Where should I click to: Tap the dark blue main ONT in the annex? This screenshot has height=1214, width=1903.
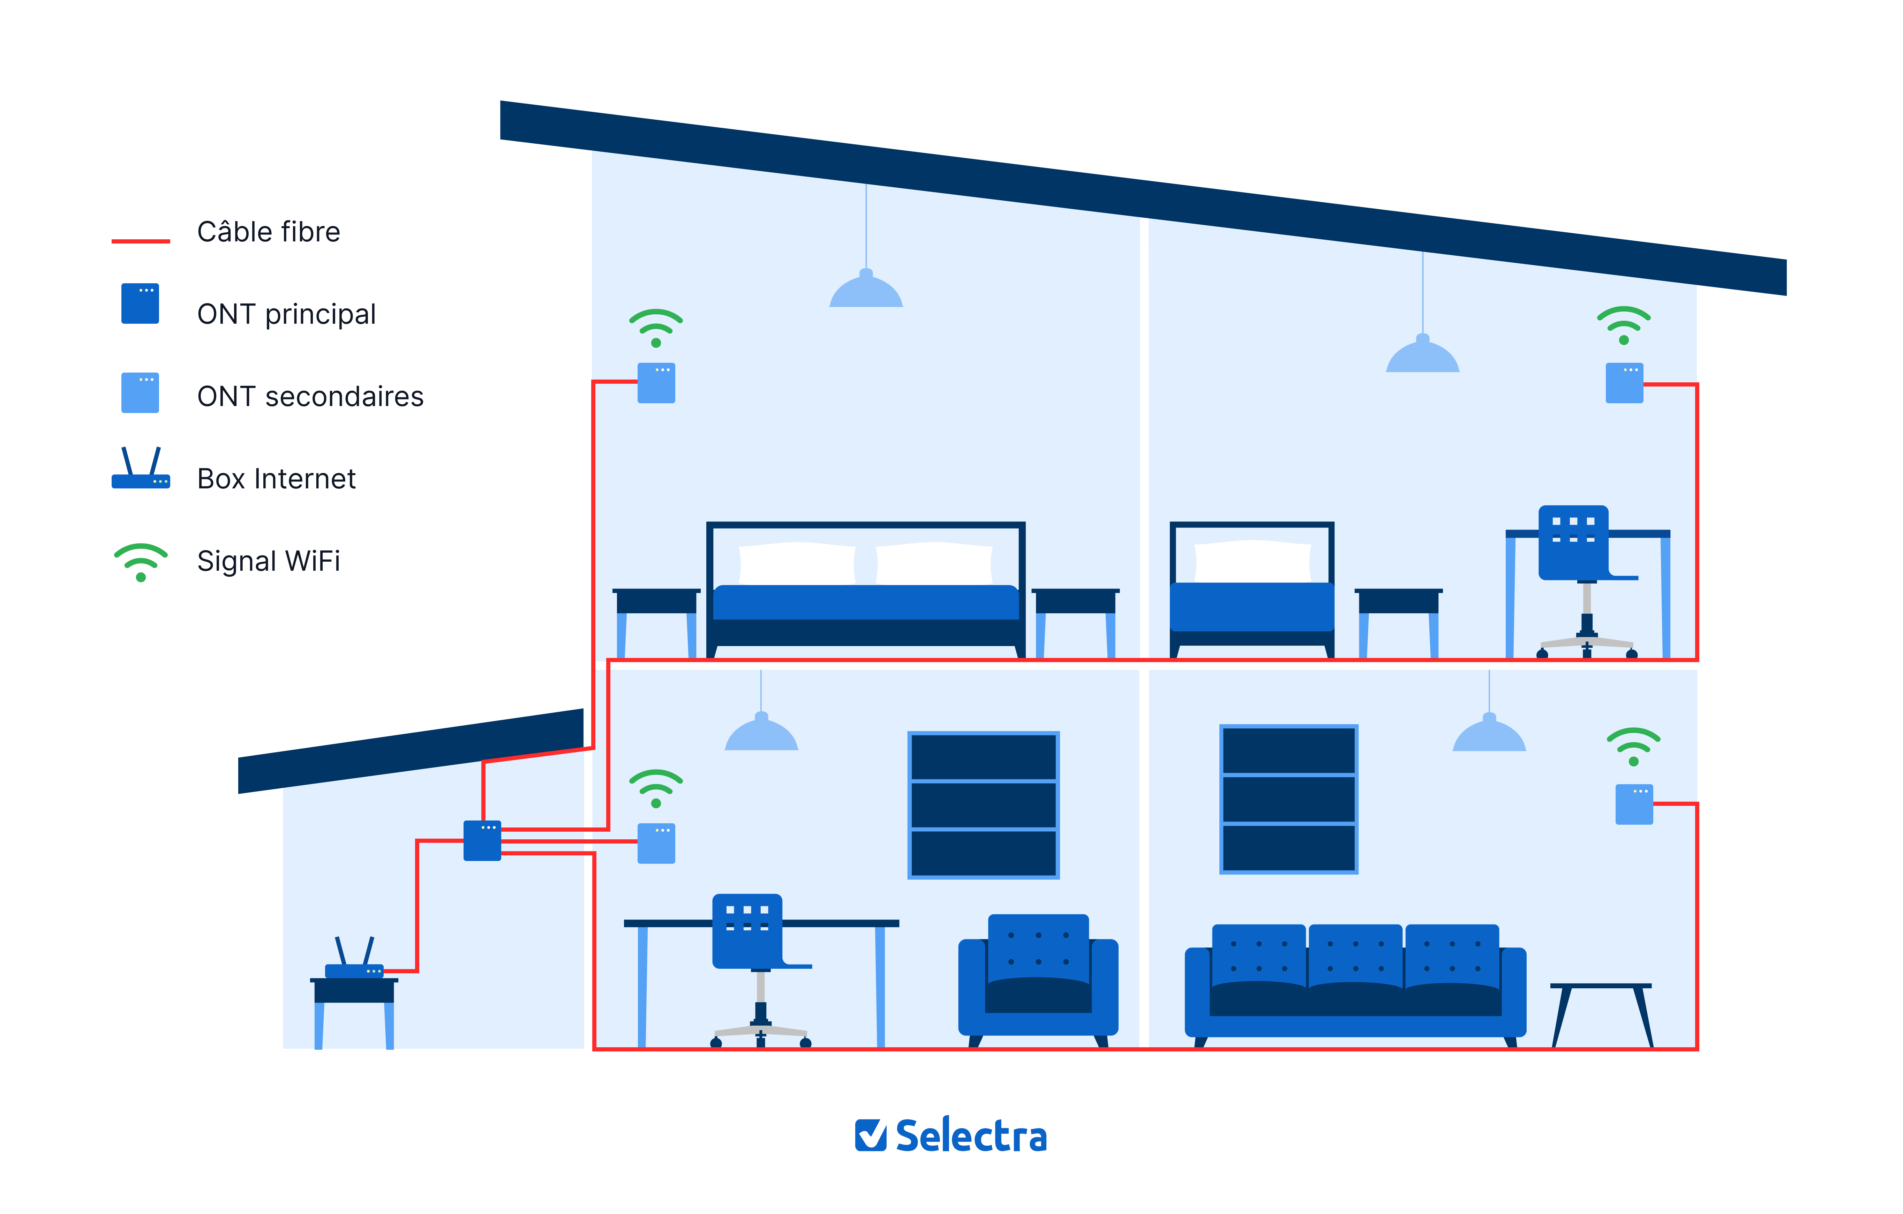tap(482, 840)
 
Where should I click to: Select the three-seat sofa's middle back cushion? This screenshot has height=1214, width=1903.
tap(1355, 955)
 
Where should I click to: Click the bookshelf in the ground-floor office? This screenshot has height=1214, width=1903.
tap(983, 804)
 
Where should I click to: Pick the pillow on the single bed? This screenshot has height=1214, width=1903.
tap(1253, 561)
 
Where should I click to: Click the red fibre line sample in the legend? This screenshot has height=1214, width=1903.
tap(141, 240)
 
